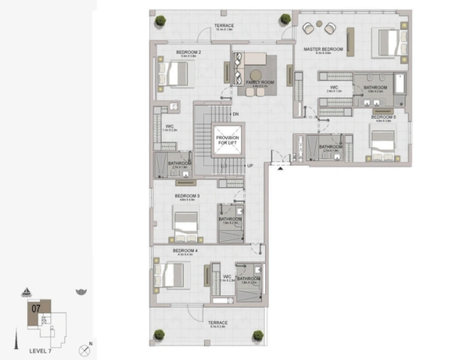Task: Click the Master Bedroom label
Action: point(323,49)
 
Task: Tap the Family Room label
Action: point(259,82)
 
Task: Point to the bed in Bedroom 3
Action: point(186,224)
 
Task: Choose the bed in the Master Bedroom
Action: point(389,42)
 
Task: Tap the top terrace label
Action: point(224,26)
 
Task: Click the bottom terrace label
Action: point(218,323)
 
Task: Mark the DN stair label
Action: point(235,114)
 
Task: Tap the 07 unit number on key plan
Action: point(36,308)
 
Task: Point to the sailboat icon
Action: point(27,292)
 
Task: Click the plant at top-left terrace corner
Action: point(160,20)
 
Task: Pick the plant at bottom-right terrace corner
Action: point(258,335)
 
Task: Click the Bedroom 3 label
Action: point(187,196)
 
